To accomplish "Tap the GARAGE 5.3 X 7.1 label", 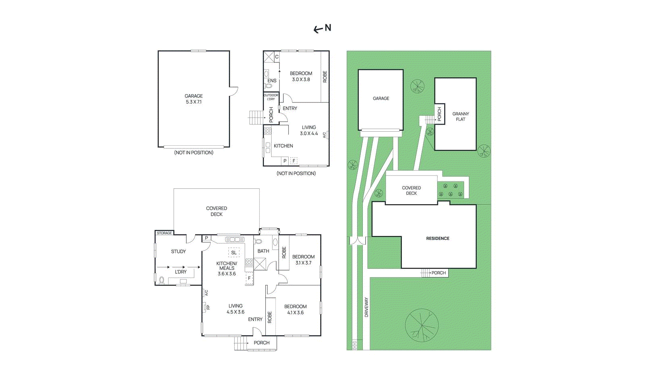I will tap(193, 99).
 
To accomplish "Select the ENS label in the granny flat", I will tap(272, 81).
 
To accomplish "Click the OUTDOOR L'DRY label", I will tap(270, 97).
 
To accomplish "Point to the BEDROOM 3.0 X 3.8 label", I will tap(301, 76).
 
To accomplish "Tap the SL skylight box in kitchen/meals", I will tap(234, 253).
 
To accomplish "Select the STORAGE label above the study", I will tap(164, 233).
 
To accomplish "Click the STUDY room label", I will tap(178, 252).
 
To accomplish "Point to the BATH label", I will tap(263, 251).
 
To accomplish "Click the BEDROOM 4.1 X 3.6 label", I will tap(295, 310).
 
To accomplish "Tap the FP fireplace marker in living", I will tap(208, 308).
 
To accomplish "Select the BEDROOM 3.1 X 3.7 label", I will tap(303, 260).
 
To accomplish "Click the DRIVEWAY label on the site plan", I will tap(366, 307).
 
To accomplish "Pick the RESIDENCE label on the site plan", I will tap(437, 238).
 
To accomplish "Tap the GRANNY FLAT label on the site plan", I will tap(460, 116).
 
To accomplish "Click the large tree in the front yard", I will tap(422, 325).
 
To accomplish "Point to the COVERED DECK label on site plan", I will tap(411, 190).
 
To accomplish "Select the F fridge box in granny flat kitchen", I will tap(294, 161).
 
